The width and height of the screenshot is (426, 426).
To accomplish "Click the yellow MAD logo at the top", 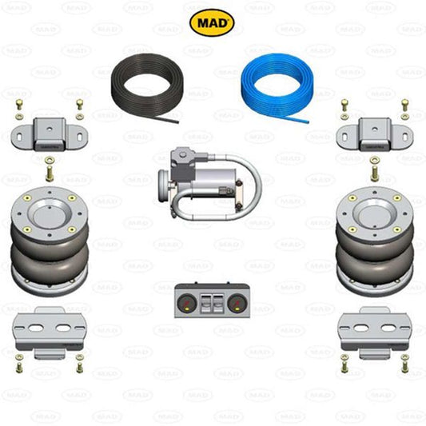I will click(212, 22).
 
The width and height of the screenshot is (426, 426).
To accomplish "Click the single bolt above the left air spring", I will click(50, 169).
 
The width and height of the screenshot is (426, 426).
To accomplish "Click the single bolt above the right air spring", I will click(374, 169).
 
